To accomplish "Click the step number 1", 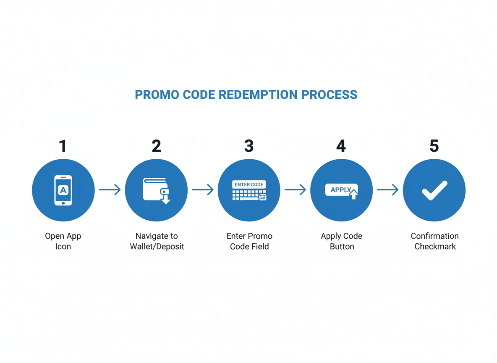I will (63, 146).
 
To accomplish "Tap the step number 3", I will (249, 146).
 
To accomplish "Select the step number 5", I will (434, 146).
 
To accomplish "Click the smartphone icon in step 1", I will (63, 190).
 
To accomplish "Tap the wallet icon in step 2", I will (155, 189).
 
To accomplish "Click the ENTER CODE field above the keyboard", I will (249, 184).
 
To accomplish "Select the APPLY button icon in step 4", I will (341, 190).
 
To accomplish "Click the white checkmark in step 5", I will (434, 190).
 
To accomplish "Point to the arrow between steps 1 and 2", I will (110, 190).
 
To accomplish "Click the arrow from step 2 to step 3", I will (203, 190).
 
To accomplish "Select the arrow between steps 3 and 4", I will (296, 190).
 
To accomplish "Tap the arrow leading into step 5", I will (388, 190).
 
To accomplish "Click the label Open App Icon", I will (63, 241).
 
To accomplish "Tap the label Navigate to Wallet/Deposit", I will (157, 241).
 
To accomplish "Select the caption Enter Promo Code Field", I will (249, 241).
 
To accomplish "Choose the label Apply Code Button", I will (342, 241).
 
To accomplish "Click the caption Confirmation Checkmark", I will (435, 241).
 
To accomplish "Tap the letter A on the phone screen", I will (63, 190).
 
